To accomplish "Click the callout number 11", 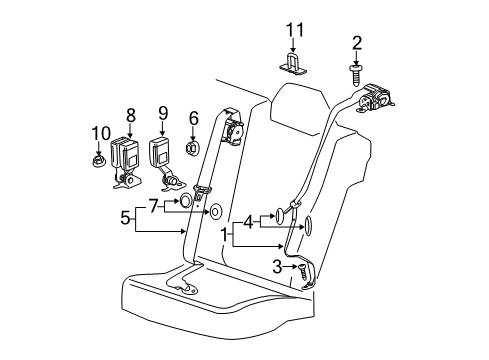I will (293, 33).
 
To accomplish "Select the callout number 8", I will (129, 115).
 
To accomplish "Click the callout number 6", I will (194, 117).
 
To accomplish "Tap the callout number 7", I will (153, 205).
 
